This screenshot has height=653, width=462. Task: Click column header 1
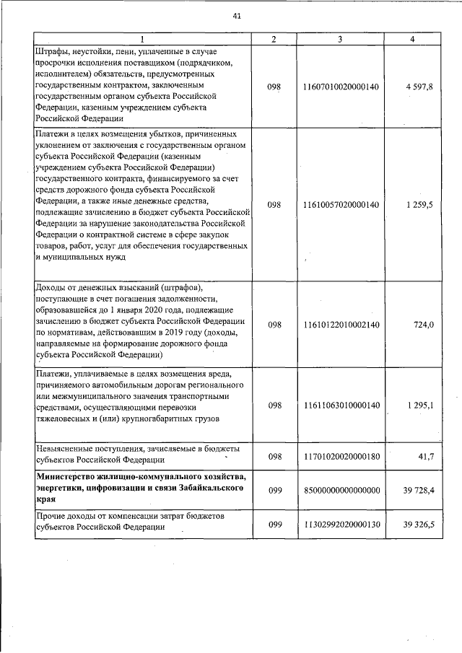[x=141, y=39]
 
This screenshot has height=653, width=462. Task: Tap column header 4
[x=411, y=39]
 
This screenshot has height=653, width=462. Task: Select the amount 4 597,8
[x=419, y=87]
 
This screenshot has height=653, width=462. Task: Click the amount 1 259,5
[x=419, y=205]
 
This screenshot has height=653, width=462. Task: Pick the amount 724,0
[x=422, y=325]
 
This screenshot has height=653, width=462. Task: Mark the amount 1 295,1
[x=419, y=406]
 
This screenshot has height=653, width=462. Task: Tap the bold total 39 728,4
[x=417, y=489]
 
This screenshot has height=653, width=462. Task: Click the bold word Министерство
[x=70, y=478]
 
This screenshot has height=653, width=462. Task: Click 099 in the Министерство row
[x=274, y=489]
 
